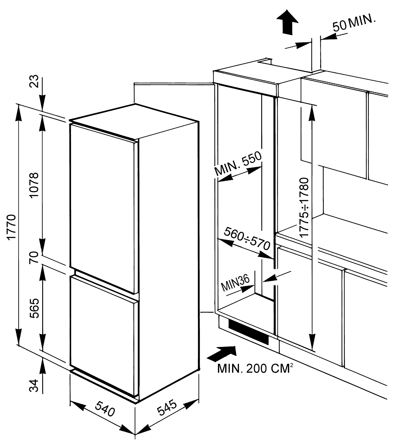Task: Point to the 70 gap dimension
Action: (34, 257)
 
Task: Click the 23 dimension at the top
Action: (34, 81)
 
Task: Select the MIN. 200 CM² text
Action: (254, 369)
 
